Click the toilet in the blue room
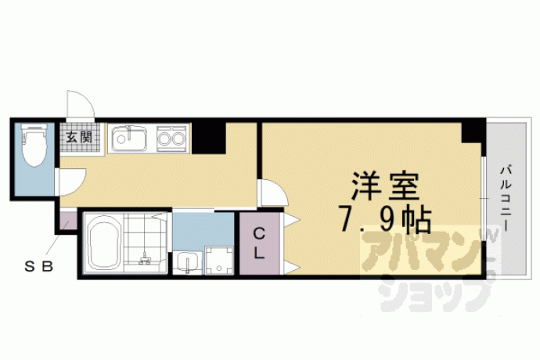pos(34,145)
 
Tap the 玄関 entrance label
pos(79,138)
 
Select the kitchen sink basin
pos(128,139)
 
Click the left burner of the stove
pos(164,139)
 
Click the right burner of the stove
pos(178,139)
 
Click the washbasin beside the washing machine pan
pos(187,263)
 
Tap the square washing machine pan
pos(218,261)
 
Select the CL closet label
pos(259,244)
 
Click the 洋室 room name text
pos(385,186)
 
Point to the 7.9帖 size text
pos(385,219)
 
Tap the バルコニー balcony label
pos(506,199)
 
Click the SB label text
pos(38,266)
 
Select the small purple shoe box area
pos(68,221)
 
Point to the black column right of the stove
pos(209,138)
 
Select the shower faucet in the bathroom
pos(145,259)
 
